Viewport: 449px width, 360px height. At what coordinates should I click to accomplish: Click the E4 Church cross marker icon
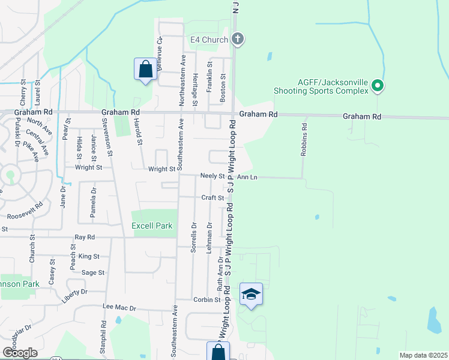238,40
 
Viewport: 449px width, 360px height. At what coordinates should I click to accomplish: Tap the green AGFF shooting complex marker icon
377,86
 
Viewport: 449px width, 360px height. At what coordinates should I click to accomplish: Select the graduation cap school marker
251,295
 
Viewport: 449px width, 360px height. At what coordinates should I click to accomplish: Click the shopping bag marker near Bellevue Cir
145,69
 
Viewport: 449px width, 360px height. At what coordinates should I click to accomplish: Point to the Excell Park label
152,226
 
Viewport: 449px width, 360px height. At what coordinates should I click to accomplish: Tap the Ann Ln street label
247,177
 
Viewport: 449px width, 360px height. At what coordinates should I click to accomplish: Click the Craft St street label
212,197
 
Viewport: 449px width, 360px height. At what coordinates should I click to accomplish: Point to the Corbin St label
208,299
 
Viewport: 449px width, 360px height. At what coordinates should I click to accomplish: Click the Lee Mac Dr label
120,308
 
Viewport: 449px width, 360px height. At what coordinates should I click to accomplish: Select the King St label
88,256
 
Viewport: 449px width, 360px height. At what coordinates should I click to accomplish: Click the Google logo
20,353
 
